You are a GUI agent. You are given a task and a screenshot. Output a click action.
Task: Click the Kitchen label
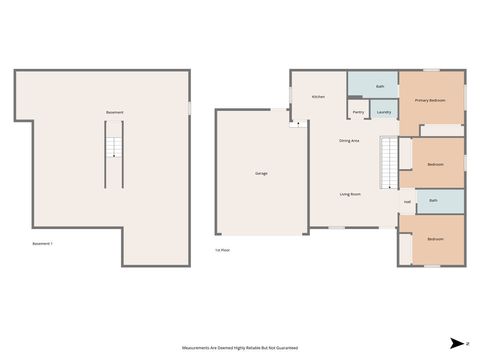point(318,97)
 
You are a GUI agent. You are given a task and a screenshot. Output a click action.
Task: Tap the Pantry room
point(358,112)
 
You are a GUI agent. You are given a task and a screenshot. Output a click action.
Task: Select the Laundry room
point(383,112)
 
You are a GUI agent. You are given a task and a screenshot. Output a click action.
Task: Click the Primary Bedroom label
point(431,101)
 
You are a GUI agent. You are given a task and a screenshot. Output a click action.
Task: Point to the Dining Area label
point(350,141)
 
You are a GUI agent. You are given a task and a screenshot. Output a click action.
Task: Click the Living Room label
point(350,194)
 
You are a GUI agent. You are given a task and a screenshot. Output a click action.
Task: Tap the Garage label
point(261,173)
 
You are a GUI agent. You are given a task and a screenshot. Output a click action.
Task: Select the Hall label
point(407,202)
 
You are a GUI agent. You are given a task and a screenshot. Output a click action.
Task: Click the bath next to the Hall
point(433,201)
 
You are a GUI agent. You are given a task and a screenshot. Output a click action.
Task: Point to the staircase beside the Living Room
point(388,163)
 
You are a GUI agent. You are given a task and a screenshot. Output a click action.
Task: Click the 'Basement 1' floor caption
point(42,244)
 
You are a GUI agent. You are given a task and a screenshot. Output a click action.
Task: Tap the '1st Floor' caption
point(223,250)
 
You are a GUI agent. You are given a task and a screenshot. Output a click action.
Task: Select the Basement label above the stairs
point(115,112)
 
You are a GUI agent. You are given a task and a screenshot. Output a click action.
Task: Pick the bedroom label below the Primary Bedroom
point(436,163)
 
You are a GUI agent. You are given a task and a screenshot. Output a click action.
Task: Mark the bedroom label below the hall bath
point(436,240)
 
